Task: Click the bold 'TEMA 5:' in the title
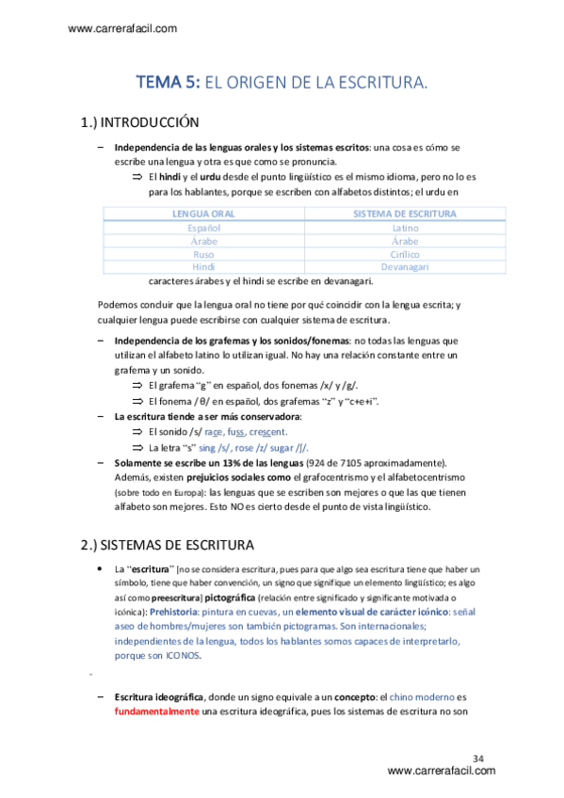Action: click(x=169, y=84)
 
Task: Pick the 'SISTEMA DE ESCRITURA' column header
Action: click(x=405, y=215)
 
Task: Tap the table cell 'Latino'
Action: click(x=405, y=228)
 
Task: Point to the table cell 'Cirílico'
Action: click(x=405, y=254)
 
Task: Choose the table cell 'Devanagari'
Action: click(x=405, y=267)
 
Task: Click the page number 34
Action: click(x=478, y=758)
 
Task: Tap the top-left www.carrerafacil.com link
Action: click(x=122, y=28)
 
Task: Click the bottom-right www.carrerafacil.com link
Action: click(x=441, y=772)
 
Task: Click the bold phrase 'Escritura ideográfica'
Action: click(x=156, y=696)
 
